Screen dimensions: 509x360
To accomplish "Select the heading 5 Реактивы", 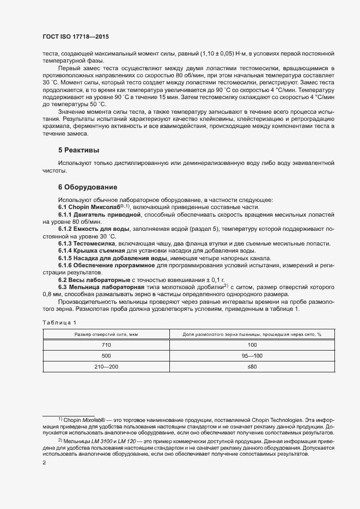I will click(78, 150).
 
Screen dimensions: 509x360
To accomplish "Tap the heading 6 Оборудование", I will click(88, 186).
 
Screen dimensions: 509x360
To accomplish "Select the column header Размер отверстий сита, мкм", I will click(101, 334).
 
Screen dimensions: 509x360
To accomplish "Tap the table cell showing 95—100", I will click(252, 356).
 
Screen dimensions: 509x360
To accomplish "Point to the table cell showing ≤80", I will click(252, 367).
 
